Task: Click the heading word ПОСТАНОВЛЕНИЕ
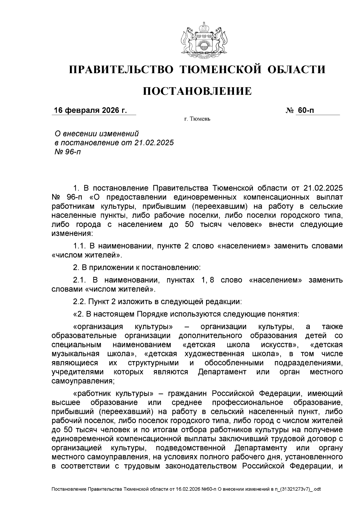tap(197, 91)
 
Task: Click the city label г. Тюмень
tap(197, 119)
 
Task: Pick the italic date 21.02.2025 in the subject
tap(154, 142)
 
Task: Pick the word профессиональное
tap(247, 402)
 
